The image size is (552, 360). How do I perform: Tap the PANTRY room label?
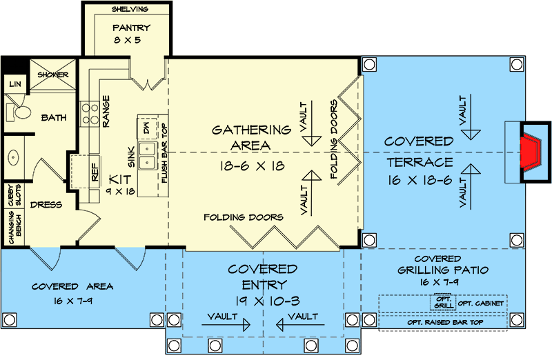pos(131,30)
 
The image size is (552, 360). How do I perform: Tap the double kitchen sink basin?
pos(148,155)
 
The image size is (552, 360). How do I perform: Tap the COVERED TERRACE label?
pos(419,152)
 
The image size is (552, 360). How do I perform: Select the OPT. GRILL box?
pos(442,302)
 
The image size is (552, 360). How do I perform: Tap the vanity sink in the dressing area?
pos(14,159)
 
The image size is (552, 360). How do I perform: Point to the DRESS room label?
pos(47,205)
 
